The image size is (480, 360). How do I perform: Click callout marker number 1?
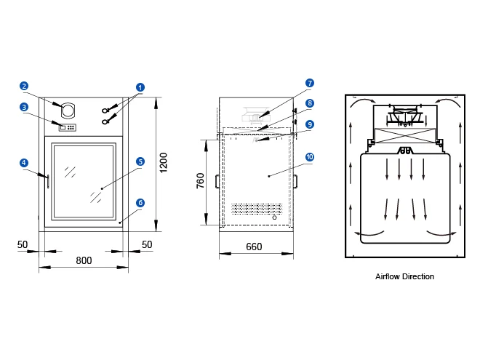[140, 87]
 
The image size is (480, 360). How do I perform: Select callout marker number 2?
[24, 86]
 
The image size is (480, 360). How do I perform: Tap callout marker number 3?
[24, 107]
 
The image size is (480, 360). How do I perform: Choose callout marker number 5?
[140, 161]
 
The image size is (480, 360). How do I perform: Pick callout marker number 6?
[140, 203]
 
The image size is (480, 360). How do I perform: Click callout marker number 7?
[309, 83]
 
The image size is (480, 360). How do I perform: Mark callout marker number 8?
[309, 103]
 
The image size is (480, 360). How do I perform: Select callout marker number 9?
[309, 124]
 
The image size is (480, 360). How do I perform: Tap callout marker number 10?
[309, 156]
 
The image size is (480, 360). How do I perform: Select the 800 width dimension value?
[84, 260]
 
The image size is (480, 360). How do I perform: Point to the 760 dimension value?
[201, 180]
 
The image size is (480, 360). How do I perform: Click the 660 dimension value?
[254, 247]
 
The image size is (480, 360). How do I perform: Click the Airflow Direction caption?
[404, 277]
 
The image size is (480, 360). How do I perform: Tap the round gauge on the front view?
[68, 111]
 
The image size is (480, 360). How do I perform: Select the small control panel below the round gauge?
[67, 127]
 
